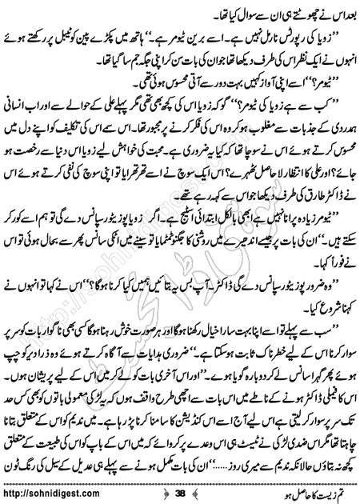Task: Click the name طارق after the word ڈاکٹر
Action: click(x=257, y=217)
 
